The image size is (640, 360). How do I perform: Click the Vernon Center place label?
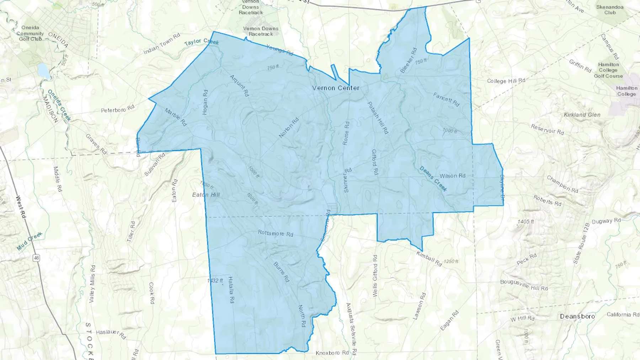click(x=336, y=88)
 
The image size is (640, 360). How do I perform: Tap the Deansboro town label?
click(x=577, y=316)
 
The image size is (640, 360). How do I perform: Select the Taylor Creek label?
click(x=202, y=42)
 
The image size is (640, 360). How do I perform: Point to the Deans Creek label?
click(x=433, y=179)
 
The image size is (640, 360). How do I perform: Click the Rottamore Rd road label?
click(x=276, y=233)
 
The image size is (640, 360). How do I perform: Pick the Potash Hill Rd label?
click(x=378, y=118)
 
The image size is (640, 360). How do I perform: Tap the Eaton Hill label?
click(x=206, y=195)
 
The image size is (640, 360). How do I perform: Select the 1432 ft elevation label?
click(x=215, y=281)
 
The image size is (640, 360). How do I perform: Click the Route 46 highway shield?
click(x=37, y=258)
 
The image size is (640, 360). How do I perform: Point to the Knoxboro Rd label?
click(x=332, y=353)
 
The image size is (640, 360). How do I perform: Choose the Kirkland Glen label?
click(x=582, y=115)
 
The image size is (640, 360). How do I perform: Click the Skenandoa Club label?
click(x=610, y=10)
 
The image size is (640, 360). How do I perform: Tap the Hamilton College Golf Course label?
click(x=608, y=70)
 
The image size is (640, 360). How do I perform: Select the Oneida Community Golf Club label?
click(x=30, y=33)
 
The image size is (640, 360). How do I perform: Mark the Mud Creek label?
click(x=30, y=241)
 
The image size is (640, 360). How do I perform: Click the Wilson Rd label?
click(x=452, y=176)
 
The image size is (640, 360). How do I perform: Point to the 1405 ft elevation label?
click(x=526, y=222)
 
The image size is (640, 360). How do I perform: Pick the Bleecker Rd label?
click(x=409, y=60)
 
